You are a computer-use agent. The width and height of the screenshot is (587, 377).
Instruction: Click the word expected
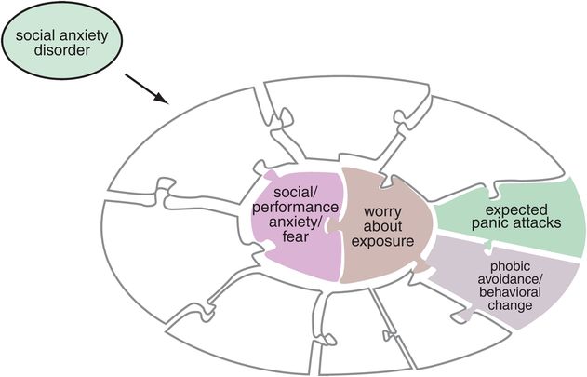coord(514,209)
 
